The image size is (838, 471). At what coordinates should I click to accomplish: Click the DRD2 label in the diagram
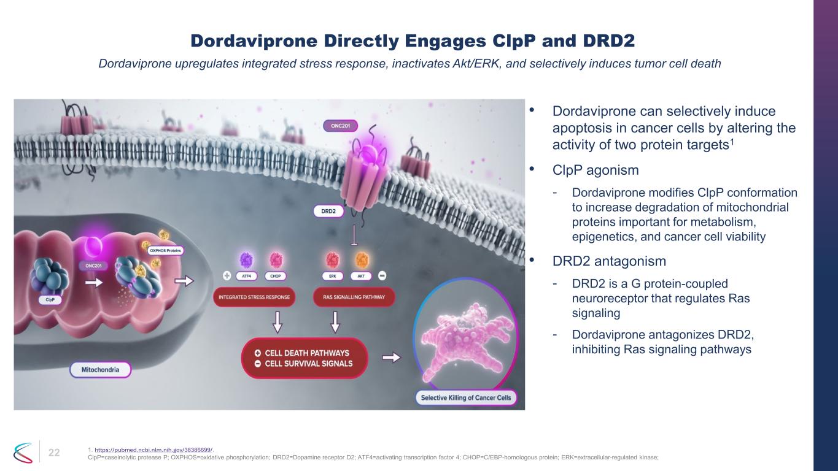point(328,211)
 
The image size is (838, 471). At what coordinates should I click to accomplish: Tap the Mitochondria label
point(100,370)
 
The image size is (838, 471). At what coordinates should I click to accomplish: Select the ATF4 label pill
point(246,276)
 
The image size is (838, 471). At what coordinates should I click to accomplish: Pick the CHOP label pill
point(275,276)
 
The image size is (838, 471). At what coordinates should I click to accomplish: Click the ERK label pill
point(333,276)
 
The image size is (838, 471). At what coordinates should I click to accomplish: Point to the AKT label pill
point(361,276)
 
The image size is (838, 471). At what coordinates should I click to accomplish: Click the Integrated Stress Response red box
point(254,297)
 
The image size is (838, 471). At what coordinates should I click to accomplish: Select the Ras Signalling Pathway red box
point(354,297)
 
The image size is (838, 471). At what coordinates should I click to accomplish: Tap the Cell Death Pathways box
point(305,358)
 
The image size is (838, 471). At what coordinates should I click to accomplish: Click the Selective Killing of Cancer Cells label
point(466,398)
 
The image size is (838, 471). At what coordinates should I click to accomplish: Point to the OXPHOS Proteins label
point(165,250)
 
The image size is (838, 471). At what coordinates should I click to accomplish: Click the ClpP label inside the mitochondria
point(50,300)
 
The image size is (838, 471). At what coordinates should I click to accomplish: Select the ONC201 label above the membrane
point(341,126)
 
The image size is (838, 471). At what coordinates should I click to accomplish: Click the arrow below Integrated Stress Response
point(277,322)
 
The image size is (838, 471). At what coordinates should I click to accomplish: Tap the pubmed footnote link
point(153,450)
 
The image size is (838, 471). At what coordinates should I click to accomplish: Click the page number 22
point(54,453)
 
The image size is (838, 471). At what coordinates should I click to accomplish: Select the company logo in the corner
point(23,453)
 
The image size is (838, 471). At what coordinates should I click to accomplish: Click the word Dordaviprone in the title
point(254,40)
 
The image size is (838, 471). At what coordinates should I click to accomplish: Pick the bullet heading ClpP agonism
point(596,170)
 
